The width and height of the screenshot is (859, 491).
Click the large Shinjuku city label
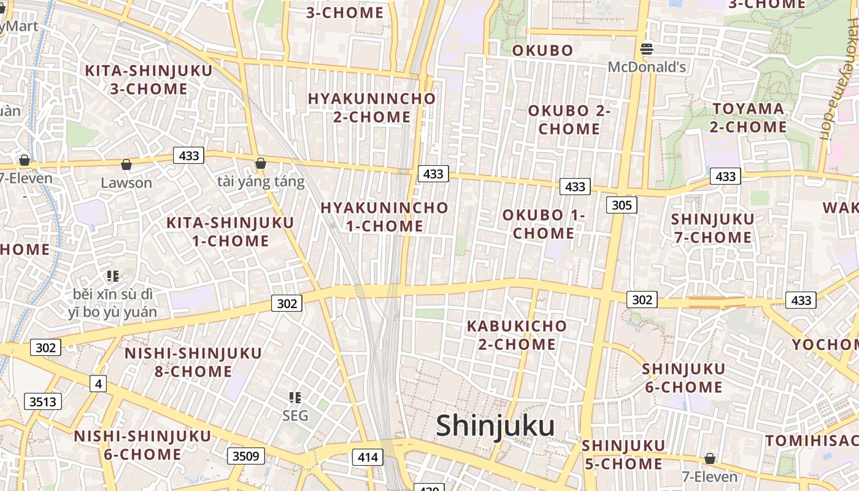(x=495, y=426)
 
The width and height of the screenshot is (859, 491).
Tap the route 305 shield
(x=622, y=205)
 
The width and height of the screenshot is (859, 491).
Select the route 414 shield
(x=368, y=457)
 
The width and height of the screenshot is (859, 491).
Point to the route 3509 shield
(x=246, y=456)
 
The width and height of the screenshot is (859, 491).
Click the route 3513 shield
(x=43, y=402)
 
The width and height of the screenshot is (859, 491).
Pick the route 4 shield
(x=98, y=384)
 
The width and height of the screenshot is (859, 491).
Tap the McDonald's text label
(x=647, y=67)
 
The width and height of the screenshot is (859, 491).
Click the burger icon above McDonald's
(x=646, y=49)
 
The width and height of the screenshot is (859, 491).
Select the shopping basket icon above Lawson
(x=126, y=164)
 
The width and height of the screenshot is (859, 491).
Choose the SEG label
(x=295, y=416)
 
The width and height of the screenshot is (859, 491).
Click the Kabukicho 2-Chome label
(x=517, y=335)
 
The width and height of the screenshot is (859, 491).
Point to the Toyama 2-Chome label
(x=748, y=118)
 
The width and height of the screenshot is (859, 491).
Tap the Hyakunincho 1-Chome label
(x=385, y=217)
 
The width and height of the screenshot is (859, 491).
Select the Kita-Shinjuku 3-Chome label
(x=148, y=80)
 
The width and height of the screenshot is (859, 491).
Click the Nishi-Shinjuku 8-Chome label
(x=193, y=362)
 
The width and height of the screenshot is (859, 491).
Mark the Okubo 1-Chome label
(x=543, y=224)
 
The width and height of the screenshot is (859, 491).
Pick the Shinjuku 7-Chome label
(x=712, y=228)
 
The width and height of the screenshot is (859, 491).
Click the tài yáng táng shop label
(x=261, y=182)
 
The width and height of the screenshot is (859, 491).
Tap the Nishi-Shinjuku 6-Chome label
(x=142, y=445)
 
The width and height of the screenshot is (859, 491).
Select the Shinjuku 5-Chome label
(x=623, y=455)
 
